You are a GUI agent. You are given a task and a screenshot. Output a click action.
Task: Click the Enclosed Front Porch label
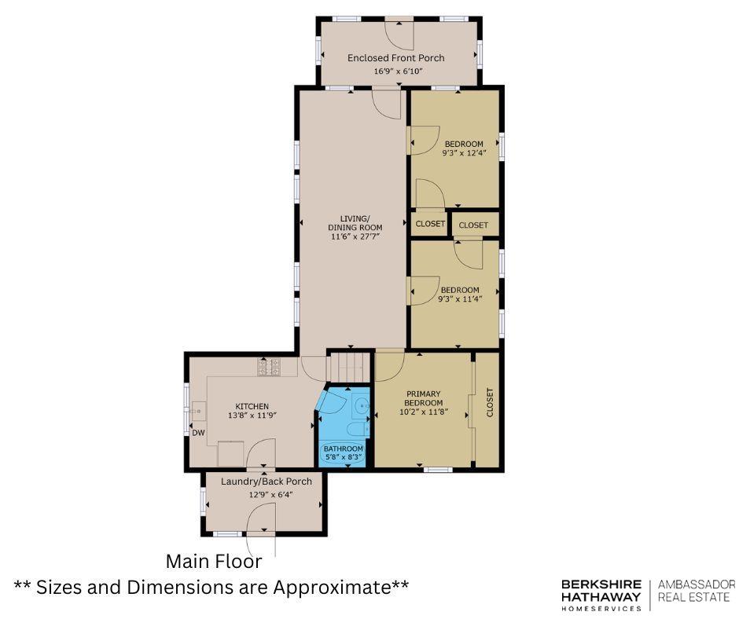point(396,58)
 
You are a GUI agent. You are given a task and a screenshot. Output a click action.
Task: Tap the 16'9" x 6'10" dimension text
point(399,71)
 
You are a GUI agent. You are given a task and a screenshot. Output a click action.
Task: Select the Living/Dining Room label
point(355,223)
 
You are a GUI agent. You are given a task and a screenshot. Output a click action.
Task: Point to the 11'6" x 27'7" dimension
point(355,236)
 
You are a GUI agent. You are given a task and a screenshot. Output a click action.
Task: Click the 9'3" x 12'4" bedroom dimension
point(464,152)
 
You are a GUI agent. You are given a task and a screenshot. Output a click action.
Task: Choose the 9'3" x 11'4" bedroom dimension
point(460,299)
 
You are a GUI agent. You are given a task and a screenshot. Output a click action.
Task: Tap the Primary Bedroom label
point(423,398)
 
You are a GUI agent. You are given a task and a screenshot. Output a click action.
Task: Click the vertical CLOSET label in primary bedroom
point(490,402)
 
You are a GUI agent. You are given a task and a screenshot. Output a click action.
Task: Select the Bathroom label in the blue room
point(343,449)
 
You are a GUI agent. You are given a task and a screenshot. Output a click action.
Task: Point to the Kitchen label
point(252,407)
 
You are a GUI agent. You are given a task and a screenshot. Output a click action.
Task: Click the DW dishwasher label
point(198,433)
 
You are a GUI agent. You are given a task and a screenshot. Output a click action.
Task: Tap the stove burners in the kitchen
point(269,367)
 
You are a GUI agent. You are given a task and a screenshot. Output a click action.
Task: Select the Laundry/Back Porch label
point(267,482)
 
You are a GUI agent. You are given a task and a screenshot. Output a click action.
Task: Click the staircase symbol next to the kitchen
point(347,365)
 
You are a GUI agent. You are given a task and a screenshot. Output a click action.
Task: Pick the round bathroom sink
point(362,405)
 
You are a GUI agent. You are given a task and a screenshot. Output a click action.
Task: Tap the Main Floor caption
point(214,561)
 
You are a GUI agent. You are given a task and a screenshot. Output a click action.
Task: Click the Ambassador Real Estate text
point(696,591)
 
